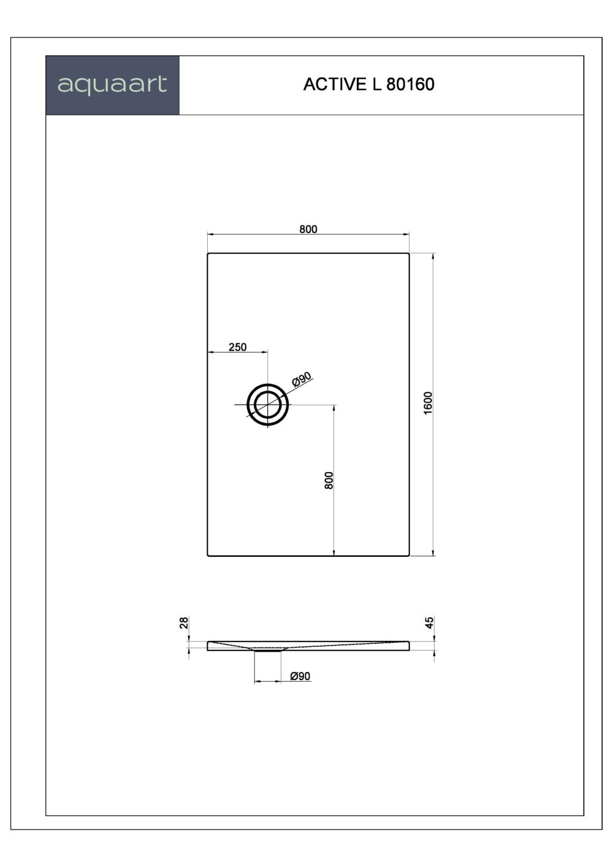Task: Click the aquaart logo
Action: (x=112, y=85)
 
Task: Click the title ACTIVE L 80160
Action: (x=368, y=85)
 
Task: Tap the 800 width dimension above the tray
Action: (x=308, y=229)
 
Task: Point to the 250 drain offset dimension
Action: (x=237, y=347)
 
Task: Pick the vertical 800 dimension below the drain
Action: (x=329, y=480)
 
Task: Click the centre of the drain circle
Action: (x=267, y=405)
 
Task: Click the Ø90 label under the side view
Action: (x=300, y=676)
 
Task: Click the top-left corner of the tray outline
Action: (x=208, y=254)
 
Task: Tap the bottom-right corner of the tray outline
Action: (x=408, y=555)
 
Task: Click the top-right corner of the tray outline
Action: (x=408, y=254)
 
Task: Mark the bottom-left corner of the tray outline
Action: (x=208, y=555)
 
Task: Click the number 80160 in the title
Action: (x=411, y=85)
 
